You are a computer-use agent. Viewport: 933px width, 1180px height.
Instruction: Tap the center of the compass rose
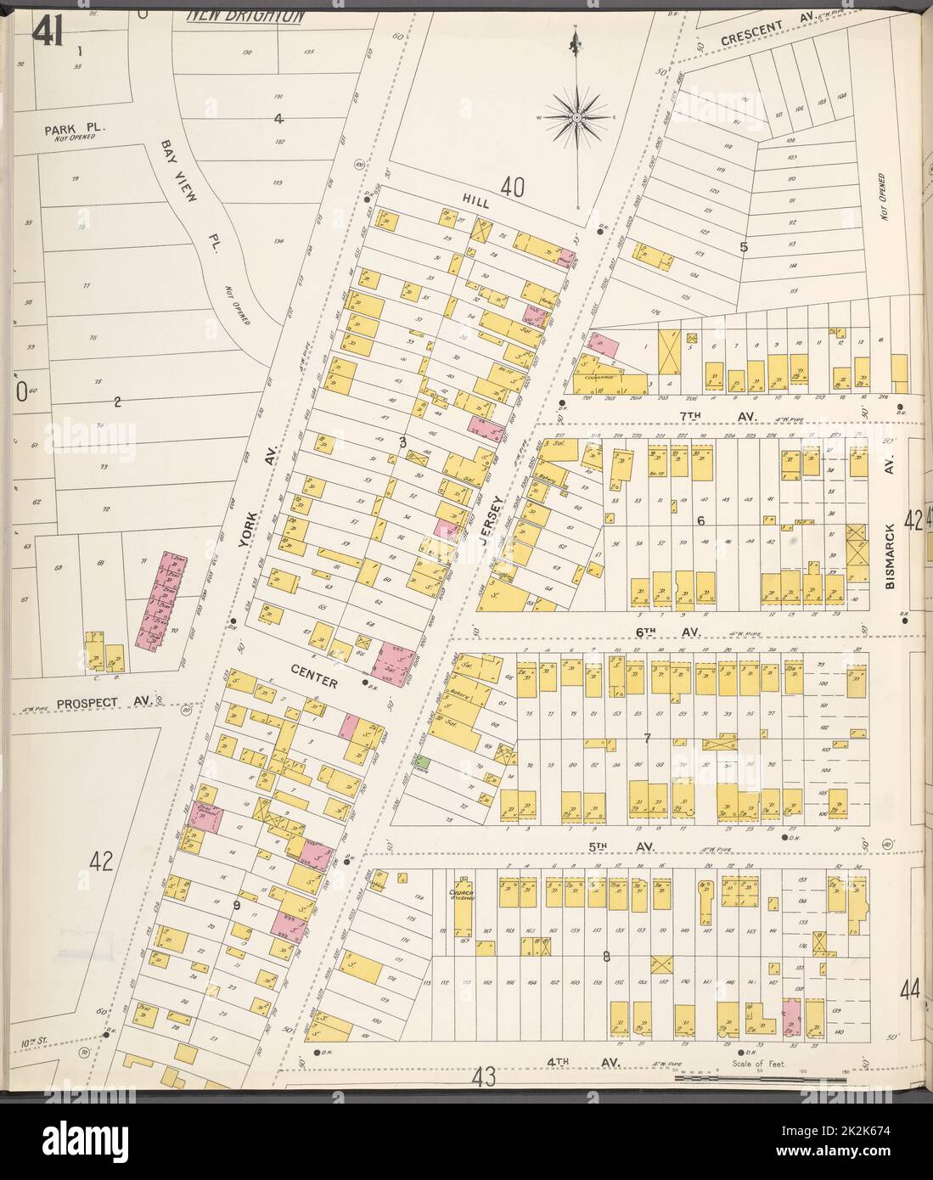point(576,115)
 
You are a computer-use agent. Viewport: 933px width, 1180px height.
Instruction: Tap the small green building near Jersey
point(423,764)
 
